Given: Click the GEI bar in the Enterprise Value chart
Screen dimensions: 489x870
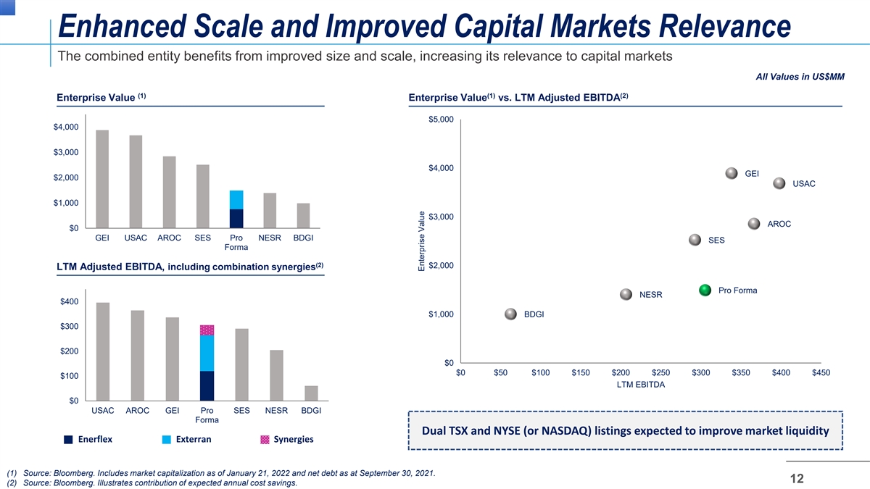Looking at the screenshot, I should [102, 179].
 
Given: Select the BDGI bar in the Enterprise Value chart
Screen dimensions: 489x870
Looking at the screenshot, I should [303, 216].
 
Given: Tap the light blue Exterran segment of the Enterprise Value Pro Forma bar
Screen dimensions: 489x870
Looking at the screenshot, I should [236, 200].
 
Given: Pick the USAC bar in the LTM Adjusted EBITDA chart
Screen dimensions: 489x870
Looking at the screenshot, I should [103, 351].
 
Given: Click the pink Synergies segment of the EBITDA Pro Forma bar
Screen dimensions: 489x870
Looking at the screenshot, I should [207, 330].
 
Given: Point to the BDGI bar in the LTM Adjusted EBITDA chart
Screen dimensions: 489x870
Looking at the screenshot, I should [311, 393].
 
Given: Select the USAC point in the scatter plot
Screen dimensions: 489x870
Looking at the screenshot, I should [779, 183].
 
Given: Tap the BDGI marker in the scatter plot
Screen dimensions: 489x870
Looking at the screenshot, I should [512, 314].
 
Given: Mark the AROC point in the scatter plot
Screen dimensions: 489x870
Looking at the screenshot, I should [754, 224].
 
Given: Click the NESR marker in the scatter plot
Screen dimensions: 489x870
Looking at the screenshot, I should [626, 294].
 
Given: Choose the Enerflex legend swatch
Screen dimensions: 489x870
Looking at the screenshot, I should [68, 439].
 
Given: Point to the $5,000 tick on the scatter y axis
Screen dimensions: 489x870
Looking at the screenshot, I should [441, 120].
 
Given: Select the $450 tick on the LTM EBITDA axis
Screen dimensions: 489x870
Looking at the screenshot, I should [820, 372].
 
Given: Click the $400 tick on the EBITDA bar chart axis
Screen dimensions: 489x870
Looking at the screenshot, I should [70, 301].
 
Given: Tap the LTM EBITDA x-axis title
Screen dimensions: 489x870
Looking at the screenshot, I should [640, 385].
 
